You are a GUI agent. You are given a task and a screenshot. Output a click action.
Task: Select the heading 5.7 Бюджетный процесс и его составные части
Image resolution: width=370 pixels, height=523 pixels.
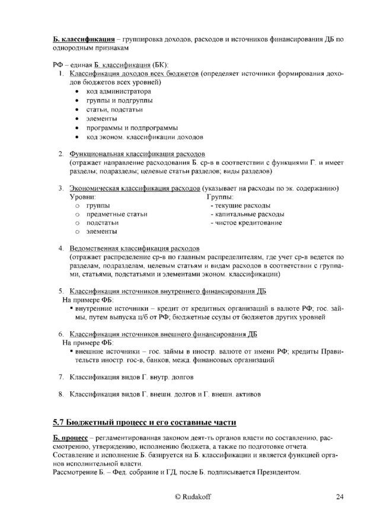pyautogui.click(x=145, y=423)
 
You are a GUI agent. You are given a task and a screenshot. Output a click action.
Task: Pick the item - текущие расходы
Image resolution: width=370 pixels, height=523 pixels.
pyautogui.click(x=240, y=205)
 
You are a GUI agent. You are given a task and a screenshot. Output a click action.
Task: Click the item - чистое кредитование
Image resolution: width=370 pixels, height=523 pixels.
pyautogui.click(x=246, y=223)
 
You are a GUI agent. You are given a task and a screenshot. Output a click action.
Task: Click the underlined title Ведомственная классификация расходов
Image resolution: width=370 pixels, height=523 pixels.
pyautogui.click(x=135, y=248)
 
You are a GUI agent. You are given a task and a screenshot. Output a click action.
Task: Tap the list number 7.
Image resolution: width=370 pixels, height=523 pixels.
pyautogui.click(x=61, y=377)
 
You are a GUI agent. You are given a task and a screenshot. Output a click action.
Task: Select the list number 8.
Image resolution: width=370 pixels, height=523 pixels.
pyautogui.click(x=61, y=394)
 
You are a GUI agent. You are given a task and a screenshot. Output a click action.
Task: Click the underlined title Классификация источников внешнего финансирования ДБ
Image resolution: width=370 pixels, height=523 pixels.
pyautogui.click(x=163, y=334)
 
